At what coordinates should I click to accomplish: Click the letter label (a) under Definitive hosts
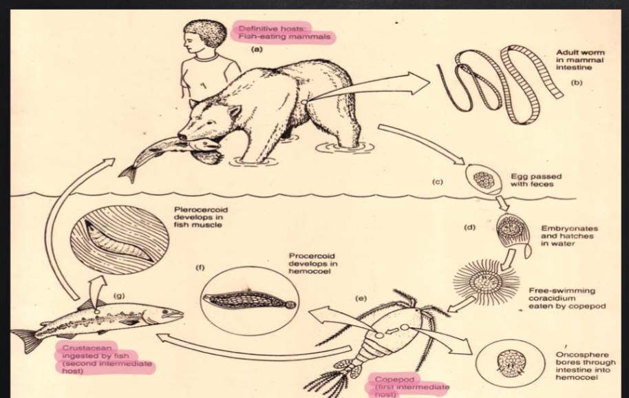(x=257, y=50)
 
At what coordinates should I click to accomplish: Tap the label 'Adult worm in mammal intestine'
(x=580, y=60)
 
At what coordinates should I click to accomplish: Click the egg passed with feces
(x=483, y=180)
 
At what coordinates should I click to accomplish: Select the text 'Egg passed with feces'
(x=536, y=180)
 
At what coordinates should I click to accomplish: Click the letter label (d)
(x=470, y=227)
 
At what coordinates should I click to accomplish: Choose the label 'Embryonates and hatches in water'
(x=569, y=236)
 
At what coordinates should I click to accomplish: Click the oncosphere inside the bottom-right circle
(x=511, y=364)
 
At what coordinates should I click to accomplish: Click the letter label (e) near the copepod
(x=361, y=298)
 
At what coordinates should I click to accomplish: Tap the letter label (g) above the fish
(x=119, y=295)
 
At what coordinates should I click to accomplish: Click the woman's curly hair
(x=205, y=32)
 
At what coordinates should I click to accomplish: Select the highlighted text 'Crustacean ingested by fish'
(x=96, y=352)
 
